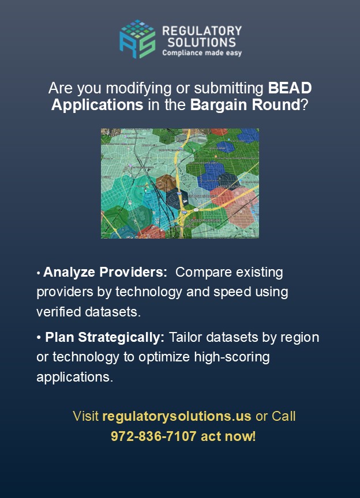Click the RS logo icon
click(x=137, y=39)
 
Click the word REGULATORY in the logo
click(x=202, y=31)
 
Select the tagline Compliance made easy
click(x=201, y=53)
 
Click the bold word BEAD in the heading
click(x=290, y=88)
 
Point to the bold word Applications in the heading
click(x=97, y=105)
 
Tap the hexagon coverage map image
click(x=179, y=183)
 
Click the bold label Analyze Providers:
click(x=105, y=272)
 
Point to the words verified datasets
click(x=88, y=312)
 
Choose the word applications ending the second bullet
click(x=74, y=377)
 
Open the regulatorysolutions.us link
click(x=177, y=416)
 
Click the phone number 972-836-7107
click(x=153, y=436)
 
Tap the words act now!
click(x=228, y=436)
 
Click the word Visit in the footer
click(x=86, y=416)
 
